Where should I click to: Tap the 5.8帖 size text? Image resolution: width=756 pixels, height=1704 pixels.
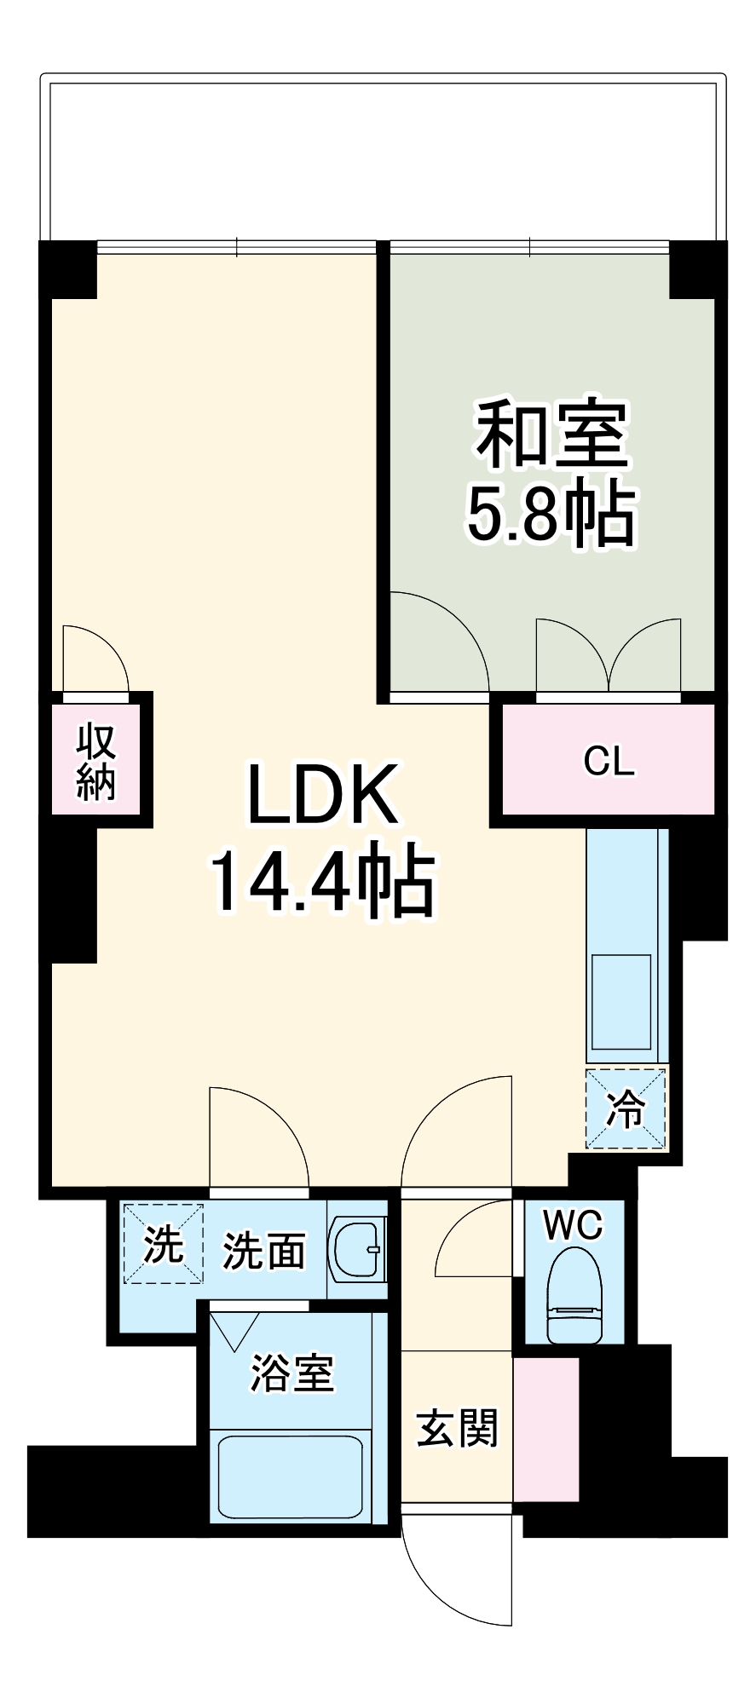click(x=551, y=515)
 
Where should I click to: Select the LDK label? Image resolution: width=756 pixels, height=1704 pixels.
click(x=322, y=795)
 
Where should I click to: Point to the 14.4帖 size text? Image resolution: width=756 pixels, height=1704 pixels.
click(x=322, y=882)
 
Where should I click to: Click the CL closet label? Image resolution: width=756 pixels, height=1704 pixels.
click(x=609, y=761)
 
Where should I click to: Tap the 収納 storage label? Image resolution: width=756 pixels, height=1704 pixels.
click(x=96, y=763)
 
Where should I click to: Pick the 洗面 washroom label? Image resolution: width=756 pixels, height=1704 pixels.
click(x=263, y=1251)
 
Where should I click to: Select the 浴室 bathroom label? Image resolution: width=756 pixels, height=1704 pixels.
click(x=291, y=1373)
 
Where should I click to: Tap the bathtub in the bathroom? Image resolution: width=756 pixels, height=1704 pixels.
click(x=291, y=1477)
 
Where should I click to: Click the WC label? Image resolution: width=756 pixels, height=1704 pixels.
click(x=573, y=1225)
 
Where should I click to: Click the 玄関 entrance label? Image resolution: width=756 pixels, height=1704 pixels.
click(x=457, y=1428)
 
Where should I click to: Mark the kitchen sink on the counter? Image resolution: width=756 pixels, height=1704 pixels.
click(x=622, y=1002)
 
